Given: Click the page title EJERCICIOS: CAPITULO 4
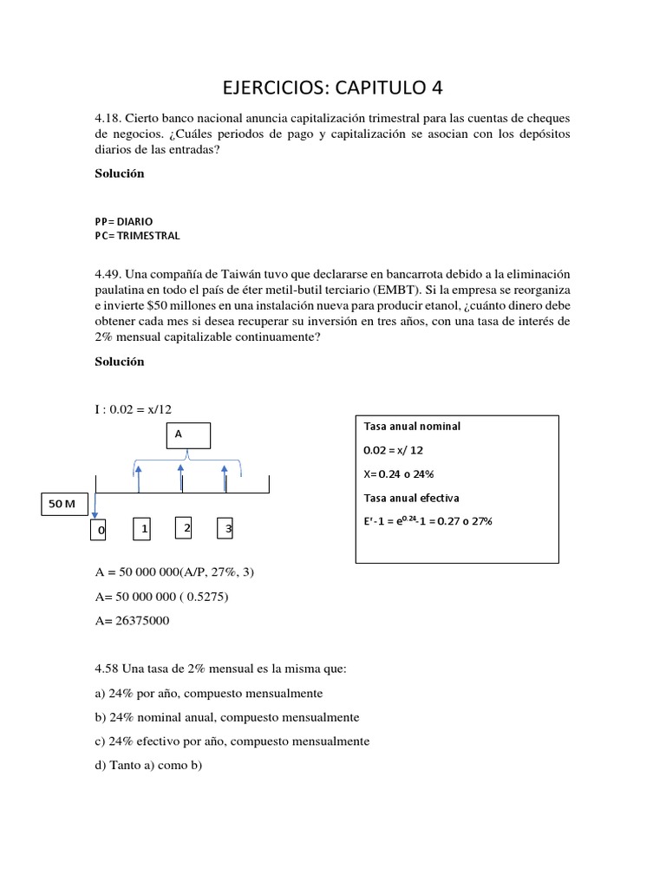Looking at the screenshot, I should [333, 88].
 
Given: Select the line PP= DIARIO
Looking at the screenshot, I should [123, 221].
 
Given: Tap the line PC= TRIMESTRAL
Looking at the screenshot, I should [138, 235].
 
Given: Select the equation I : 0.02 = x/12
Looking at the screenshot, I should [140, 409].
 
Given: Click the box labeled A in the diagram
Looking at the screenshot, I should [187, 435].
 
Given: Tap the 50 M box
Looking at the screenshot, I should [63, 505].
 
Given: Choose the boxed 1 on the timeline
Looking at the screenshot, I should [142, 528].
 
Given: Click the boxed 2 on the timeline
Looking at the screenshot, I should [184, 527].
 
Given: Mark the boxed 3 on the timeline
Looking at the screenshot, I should [225, 528].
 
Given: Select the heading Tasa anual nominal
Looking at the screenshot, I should [412, 427].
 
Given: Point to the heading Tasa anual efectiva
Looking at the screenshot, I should [411, 498].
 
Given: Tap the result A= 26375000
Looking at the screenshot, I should [132, 621].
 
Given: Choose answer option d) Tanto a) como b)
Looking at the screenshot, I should [148, 766].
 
